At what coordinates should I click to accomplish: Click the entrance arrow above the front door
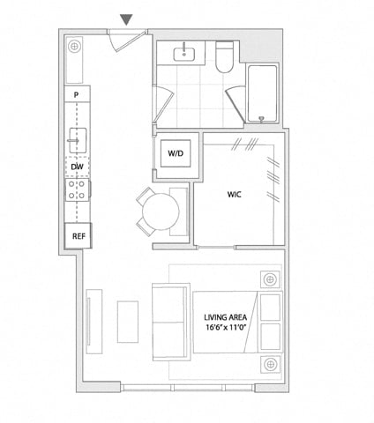tap(127, 19)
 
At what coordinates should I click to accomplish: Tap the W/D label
tap(176, 153)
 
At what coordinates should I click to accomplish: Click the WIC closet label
tap(235, 195)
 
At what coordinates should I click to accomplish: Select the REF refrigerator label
tap(79, 236)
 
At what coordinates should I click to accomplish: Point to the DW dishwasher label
tap(78, 167)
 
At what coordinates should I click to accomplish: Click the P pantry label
tap(76, 95)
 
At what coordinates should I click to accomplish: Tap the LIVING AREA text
tap(226, 317)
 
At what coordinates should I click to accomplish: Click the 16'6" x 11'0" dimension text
tap(226, 327)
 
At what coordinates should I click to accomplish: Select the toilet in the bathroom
tap(225, 57)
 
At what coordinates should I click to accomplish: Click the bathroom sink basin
tap(184, 55)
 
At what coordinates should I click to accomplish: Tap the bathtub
tap(263, 93)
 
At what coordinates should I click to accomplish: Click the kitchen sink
tap(78, 140)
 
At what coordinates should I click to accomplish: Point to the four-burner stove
tap(77, 189)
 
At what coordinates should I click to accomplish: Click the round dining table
tap(161, 211)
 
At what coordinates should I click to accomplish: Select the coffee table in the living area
tap(128, 322)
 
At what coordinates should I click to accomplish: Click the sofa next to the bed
tap(171, 322)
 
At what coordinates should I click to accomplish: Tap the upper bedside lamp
tap(270, 279)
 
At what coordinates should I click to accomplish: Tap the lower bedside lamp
tap(270, 364)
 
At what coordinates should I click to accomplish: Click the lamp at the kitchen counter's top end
tap(74, 47)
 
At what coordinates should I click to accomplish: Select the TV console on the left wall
tap(94, 322)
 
